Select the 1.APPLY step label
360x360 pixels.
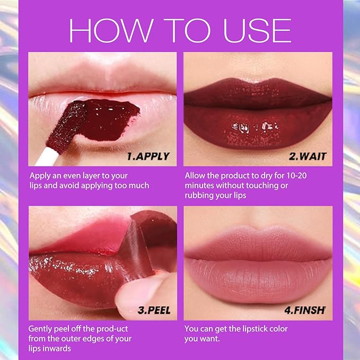point(148,156)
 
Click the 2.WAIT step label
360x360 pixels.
point(308,156)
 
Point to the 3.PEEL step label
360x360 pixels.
point(154,310)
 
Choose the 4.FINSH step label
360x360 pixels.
point(305,310)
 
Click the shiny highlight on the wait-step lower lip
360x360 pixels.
point(255,127)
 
